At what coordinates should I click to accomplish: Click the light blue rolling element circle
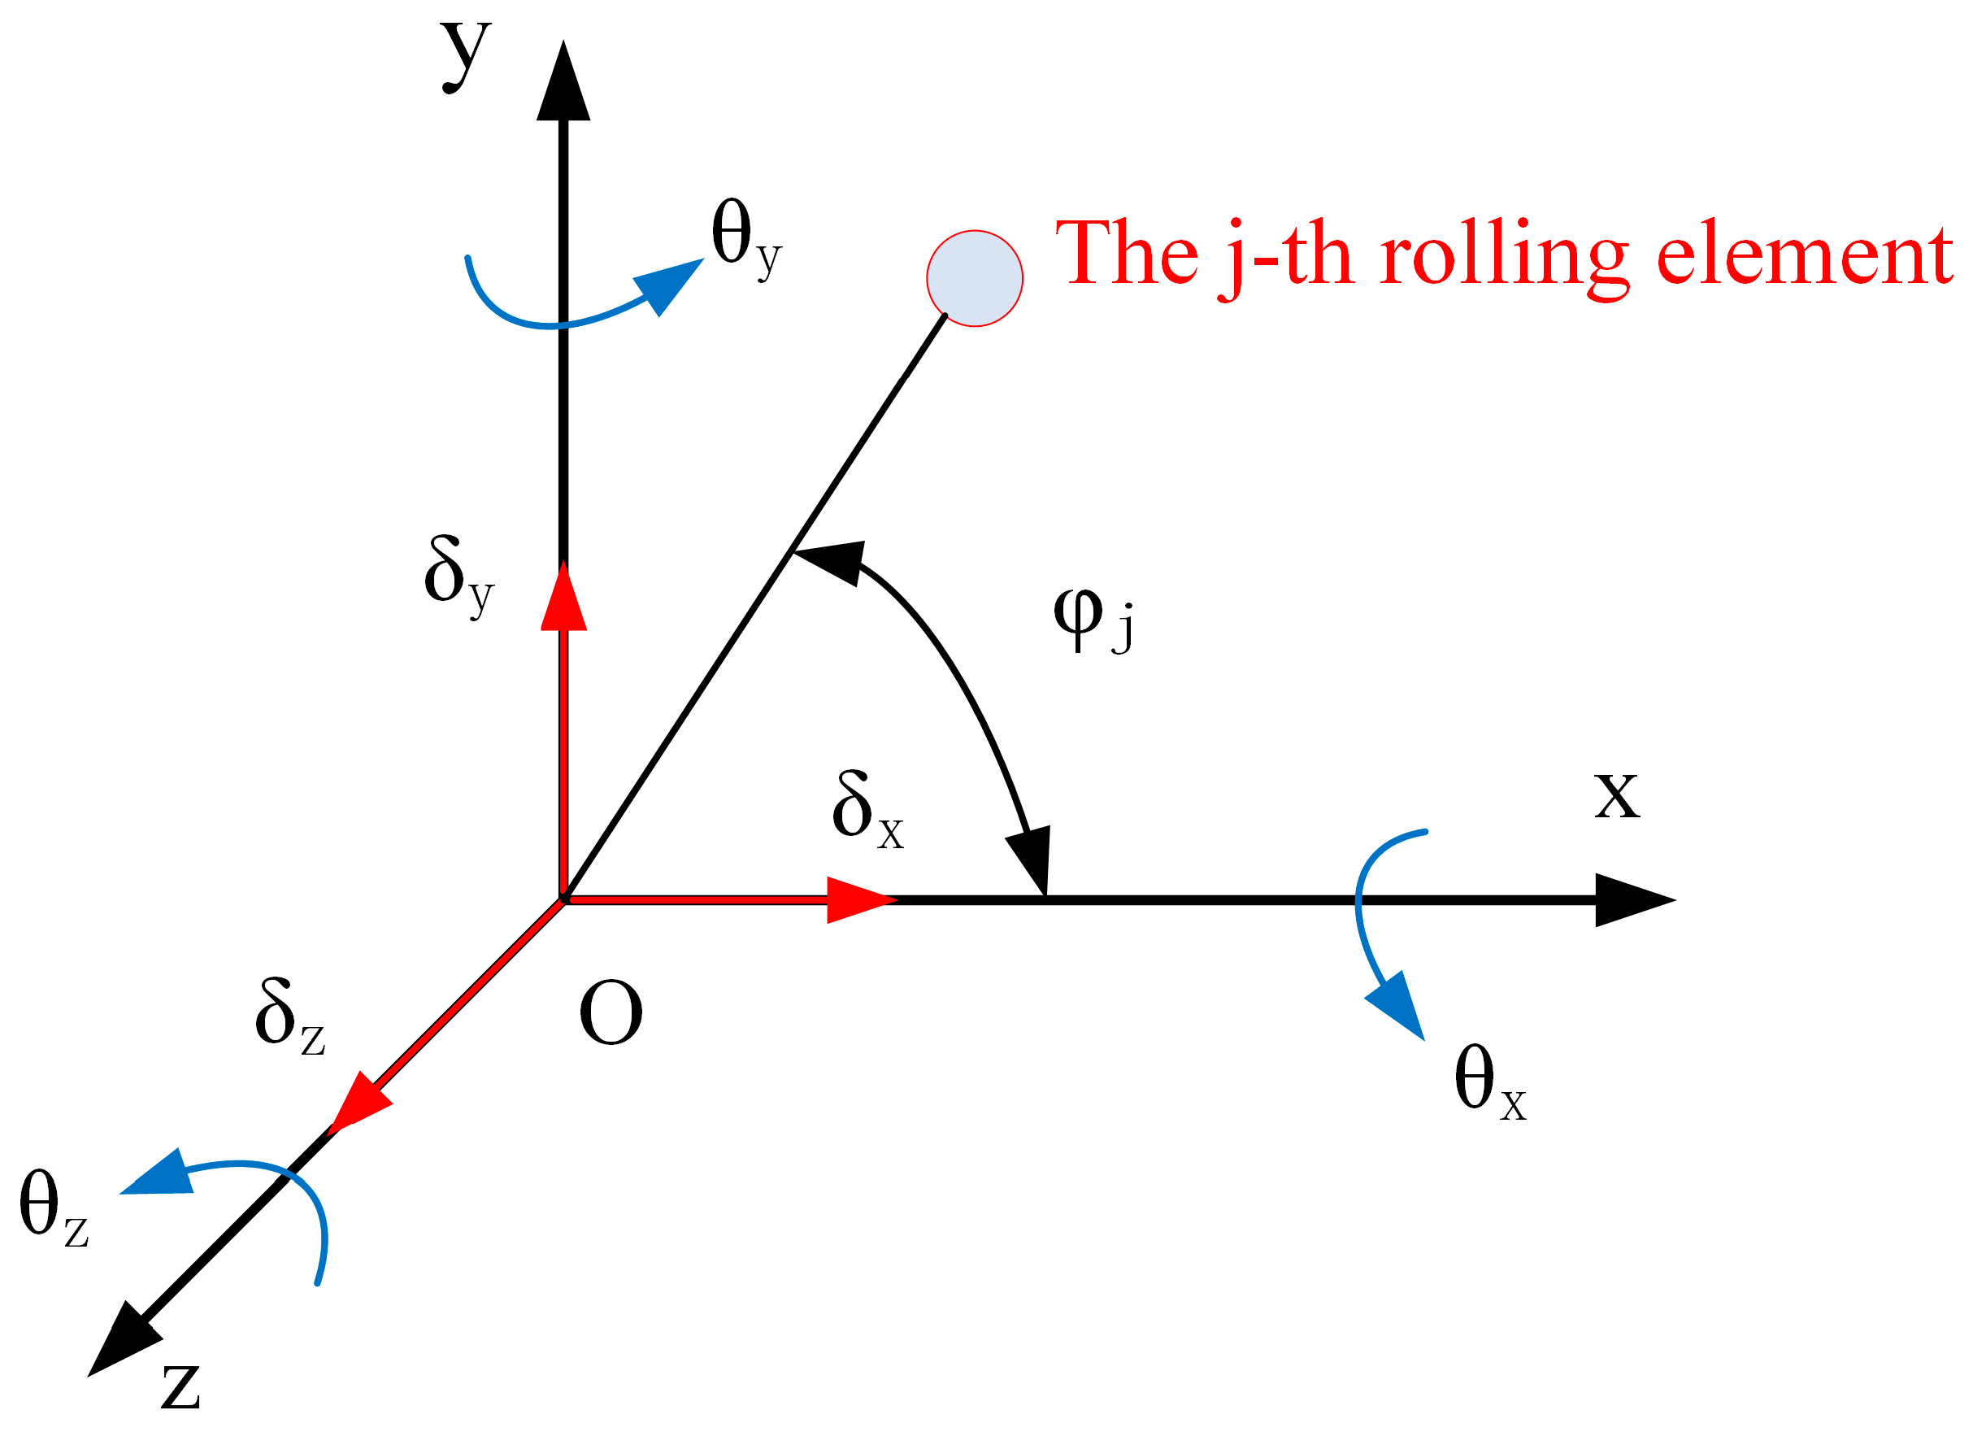click(975, 278)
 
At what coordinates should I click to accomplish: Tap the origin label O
click(611, 1013)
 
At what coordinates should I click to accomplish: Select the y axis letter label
click(467, 54)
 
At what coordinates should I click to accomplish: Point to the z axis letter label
click(181, 1385)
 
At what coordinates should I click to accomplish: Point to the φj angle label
click(1093, 618)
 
